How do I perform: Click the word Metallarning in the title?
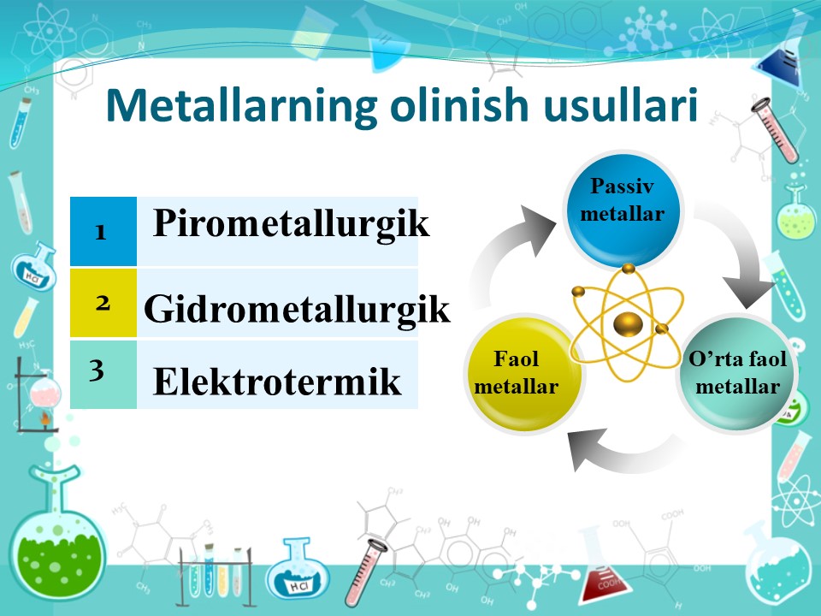tap(242, 106)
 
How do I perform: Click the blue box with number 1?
tap(103, 231)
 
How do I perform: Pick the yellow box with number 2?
tap(103, 302)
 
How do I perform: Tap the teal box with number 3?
tap(103, 374)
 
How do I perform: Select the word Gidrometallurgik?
tap(297, 310)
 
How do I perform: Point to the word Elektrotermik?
tap(277, 382)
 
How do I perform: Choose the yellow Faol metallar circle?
tap(523, 374)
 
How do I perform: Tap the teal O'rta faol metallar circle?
tap(737, 373)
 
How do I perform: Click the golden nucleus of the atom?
tap(628, 323)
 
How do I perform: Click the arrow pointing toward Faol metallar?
tap(623, 452)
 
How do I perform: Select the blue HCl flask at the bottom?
tap(298, 569)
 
